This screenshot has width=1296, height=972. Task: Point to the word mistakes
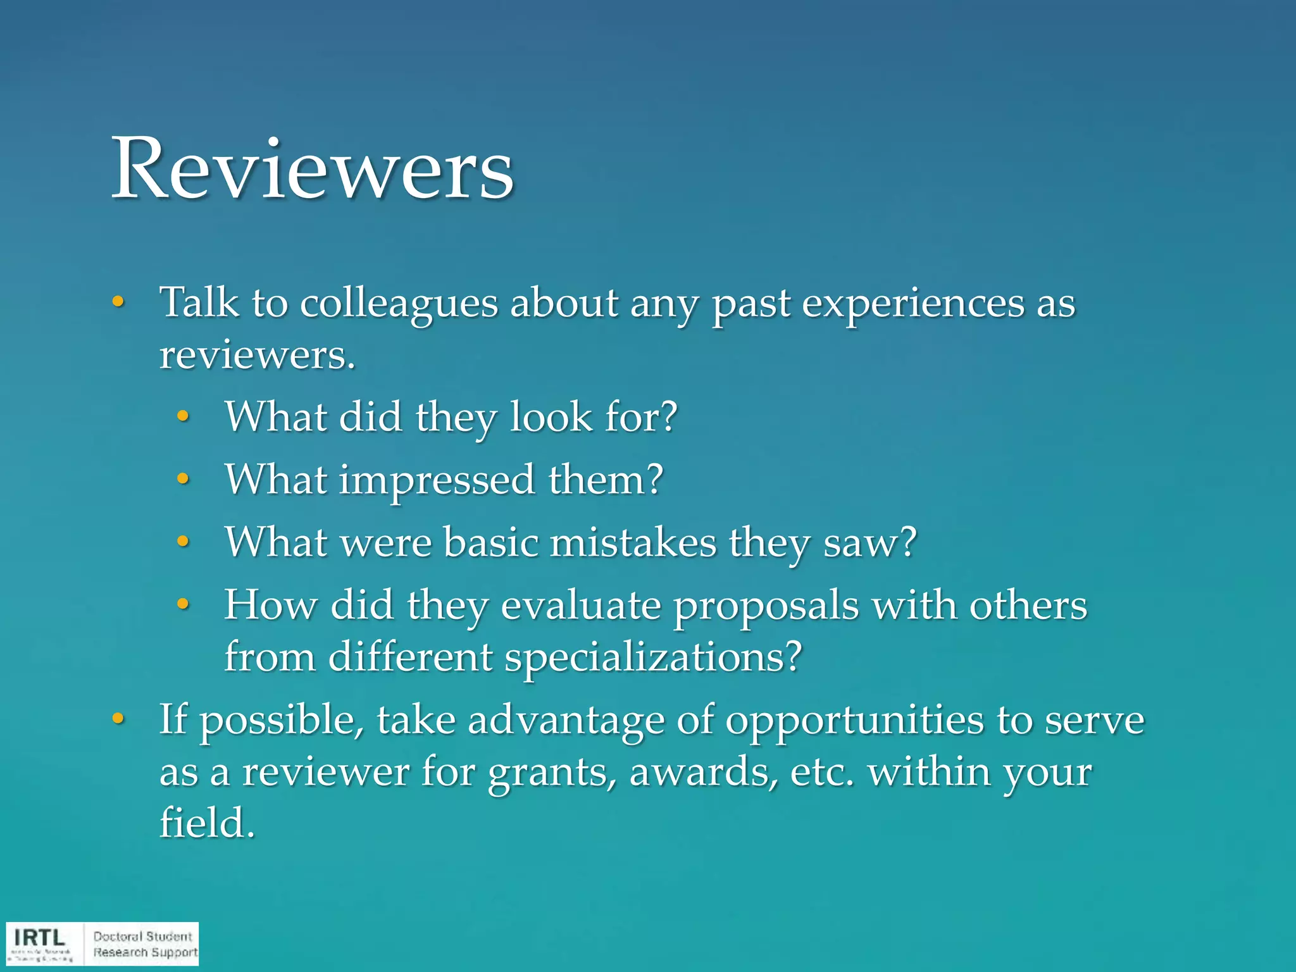633,542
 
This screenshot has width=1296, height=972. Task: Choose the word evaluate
580,606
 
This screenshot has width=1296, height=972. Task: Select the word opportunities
854,721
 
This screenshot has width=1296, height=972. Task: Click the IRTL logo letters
39,937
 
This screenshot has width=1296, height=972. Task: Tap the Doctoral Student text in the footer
142,937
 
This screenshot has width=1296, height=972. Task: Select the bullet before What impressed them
183,479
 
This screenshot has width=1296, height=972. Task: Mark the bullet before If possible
118,720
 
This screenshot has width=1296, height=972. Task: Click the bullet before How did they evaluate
183,604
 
